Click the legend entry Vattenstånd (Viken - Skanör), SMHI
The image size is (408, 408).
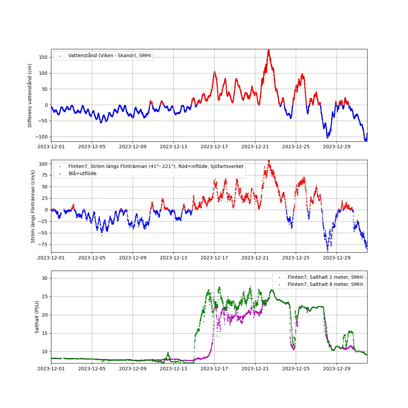pos(109,55)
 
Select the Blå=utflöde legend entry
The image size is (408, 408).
pos(82,173)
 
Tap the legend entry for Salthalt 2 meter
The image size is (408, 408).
pos(325,277)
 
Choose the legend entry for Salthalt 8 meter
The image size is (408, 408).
pos(325,284)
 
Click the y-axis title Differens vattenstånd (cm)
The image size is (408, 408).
pos(30,96)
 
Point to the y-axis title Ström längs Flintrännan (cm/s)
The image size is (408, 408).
pos(33,206)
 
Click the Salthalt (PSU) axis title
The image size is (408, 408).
pos(37,317)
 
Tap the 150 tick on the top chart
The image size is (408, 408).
pos(43,57)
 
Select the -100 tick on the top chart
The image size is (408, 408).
pos(42,137)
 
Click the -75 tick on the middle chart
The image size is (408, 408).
pos(43,244)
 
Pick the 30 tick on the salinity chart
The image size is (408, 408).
pos(45,278)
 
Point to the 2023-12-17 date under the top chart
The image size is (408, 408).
pos(214,147)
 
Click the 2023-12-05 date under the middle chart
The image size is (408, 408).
pos(92,258)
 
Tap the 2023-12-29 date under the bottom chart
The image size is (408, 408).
pos(337,369)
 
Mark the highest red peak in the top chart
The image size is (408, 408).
pos(269,50)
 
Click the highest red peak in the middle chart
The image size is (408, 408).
pos(269,161)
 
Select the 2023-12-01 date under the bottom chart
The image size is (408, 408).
pos(51,369)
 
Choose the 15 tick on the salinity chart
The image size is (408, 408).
pos(45,333)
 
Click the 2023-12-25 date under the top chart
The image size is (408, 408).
pos(296,147)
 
